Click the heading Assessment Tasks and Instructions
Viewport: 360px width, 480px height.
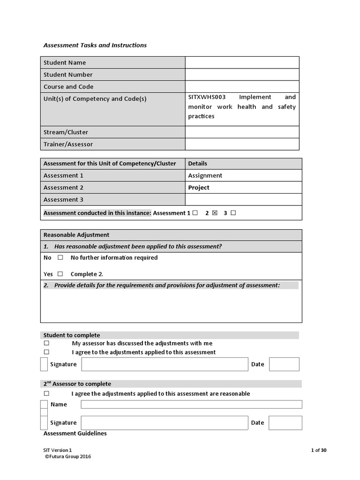[95, 45]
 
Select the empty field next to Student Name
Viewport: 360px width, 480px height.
[242, 62]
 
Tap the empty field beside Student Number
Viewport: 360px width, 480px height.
[242, 75]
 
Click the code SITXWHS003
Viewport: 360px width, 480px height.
[207, 97]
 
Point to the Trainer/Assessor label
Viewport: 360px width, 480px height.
[68, 144]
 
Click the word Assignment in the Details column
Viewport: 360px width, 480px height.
[205, 175]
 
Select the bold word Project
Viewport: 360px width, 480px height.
[199, 187]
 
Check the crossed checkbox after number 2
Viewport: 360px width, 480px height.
[215, 213]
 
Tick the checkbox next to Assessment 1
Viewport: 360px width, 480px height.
[195, 213]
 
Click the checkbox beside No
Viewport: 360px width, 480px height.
[60, 258]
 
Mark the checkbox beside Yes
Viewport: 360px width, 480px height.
[60, 274]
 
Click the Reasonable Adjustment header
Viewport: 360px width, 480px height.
[76, 235]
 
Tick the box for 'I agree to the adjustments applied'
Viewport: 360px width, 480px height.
[46, 352]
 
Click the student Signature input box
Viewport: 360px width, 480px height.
[164, 364]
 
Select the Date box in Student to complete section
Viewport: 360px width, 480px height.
[284, 364]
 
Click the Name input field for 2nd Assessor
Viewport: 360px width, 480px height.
[191, 405]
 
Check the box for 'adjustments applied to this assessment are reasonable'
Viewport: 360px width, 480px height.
[46, 394]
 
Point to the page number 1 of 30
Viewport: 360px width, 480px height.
[319, 450]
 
